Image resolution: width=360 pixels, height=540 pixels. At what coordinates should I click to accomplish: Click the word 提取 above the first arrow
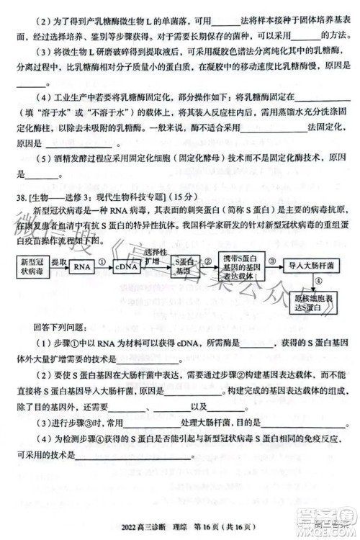click(x=58, y=261)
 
